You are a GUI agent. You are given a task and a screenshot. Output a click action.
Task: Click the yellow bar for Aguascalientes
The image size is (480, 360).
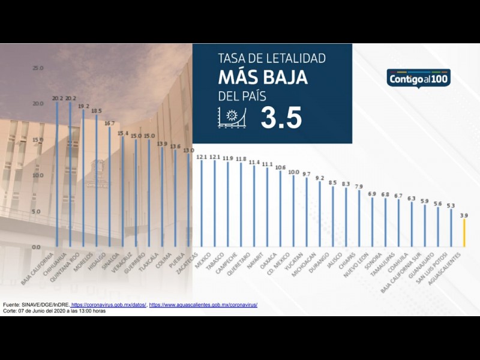[x=463, y=233]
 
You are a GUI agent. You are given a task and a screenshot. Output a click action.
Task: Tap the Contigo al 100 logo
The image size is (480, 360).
[x=419, y=78]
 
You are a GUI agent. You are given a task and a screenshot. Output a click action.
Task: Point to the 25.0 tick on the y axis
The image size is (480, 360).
[x=38, y=68]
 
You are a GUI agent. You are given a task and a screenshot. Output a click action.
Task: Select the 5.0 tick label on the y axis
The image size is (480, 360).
[x=38, y=211]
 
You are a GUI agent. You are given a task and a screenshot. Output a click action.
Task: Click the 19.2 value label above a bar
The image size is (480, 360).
[x=83, y=105]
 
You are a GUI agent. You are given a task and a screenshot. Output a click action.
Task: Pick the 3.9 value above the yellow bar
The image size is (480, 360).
[x=463, y=215]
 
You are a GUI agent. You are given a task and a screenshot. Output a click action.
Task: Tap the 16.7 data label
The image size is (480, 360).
[x=110, y=123]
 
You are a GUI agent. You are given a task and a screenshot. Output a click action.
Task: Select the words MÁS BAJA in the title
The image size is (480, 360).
[x=263, y=77]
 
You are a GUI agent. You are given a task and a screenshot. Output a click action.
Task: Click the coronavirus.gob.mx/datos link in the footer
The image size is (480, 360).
[x=109, y=305]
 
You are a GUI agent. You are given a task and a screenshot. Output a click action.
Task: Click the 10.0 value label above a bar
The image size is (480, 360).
[x=293, y=172]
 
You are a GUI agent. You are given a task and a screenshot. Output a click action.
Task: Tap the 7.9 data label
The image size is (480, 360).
[x=359, y=187]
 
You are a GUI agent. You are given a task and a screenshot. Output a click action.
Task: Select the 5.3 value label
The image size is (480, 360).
[x=451, y=205]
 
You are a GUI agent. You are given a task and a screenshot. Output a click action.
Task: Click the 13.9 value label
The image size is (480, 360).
[x=162, y=143]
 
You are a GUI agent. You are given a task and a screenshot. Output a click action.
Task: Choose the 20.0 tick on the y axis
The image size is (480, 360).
[x=38, y=104]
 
